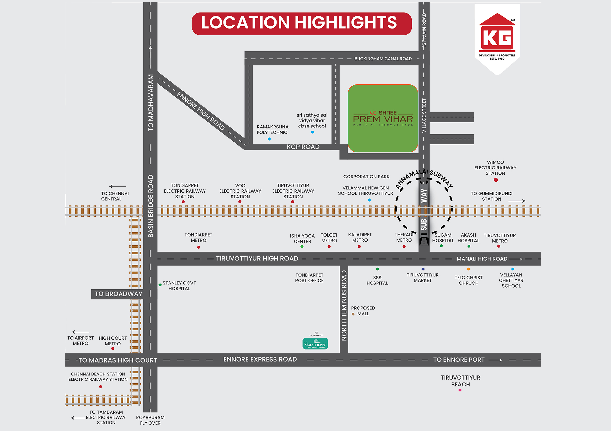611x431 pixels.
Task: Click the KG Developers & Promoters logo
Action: [x=497, y=37]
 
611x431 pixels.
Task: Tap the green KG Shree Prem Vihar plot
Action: [x=383, y=118]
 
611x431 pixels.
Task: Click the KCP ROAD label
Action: [x=303, y=147]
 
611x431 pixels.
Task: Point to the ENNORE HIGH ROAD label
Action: [x=201, y=111]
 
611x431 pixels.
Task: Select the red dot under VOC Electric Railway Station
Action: [x=240, y=202]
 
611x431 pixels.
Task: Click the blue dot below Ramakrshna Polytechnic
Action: [x=269, y=139]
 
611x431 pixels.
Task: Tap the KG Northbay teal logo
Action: [x=315, y=343]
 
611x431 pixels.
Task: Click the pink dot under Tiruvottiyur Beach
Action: [x=460, y=390]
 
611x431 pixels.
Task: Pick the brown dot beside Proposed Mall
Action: [x=353, y=314]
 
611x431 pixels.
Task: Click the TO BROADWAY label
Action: [x=118, y=294]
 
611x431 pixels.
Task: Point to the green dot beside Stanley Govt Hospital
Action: [x=160, y=285]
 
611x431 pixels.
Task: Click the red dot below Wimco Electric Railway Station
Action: [x=495, y=180]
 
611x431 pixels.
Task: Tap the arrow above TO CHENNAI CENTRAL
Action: [x=117, y=186]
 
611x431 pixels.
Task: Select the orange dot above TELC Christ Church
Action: [x=468, y=269]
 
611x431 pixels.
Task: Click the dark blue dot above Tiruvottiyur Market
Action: [x=423, y=269]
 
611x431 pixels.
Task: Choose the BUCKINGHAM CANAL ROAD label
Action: [x=383, y=59]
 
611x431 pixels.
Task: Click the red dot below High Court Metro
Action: [x=113, y=348]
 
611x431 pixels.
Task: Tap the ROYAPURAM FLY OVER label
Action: [x=150, y=420]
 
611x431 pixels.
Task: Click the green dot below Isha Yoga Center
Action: [x=302, y=247]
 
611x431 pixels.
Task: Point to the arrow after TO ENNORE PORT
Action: [x=495, y=360]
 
